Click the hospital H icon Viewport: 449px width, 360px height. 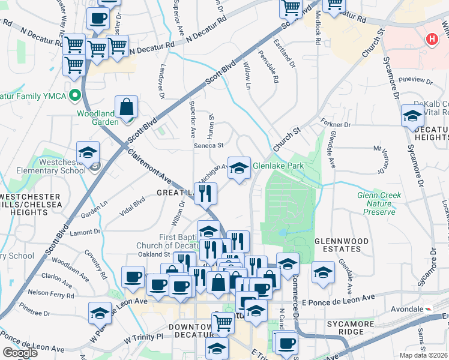click(x=430, y=40)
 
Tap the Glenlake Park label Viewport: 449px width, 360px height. click(x=278, y=166)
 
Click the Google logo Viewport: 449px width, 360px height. click(x=20, y=352)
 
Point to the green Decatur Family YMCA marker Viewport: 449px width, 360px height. click(x=75, y=95)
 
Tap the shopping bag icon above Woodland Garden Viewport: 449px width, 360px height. click(x=127, y=108)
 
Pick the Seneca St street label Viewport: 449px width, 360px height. click(x=208, y=145)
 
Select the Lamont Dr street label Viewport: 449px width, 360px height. click(x=85, y=232)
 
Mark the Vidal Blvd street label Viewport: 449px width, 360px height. click(x=133, y=204)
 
